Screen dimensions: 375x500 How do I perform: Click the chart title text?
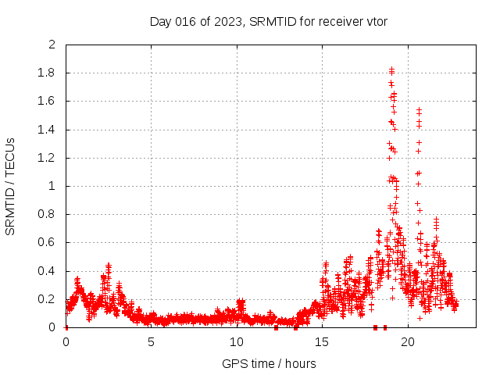269,21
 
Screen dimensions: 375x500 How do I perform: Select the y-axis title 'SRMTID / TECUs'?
10,186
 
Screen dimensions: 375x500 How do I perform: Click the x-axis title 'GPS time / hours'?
269,363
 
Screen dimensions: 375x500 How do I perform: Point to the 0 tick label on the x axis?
66,341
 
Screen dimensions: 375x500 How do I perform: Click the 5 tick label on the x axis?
151,341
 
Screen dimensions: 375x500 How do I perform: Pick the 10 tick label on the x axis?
236,341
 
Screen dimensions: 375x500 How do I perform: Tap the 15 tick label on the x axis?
322,341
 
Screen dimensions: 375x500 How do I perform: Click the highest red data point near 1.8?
391,70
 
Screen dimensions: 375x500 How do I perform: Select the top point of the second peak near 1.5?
420,110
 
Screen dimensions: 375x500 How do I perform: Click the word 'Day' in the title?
160,21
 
